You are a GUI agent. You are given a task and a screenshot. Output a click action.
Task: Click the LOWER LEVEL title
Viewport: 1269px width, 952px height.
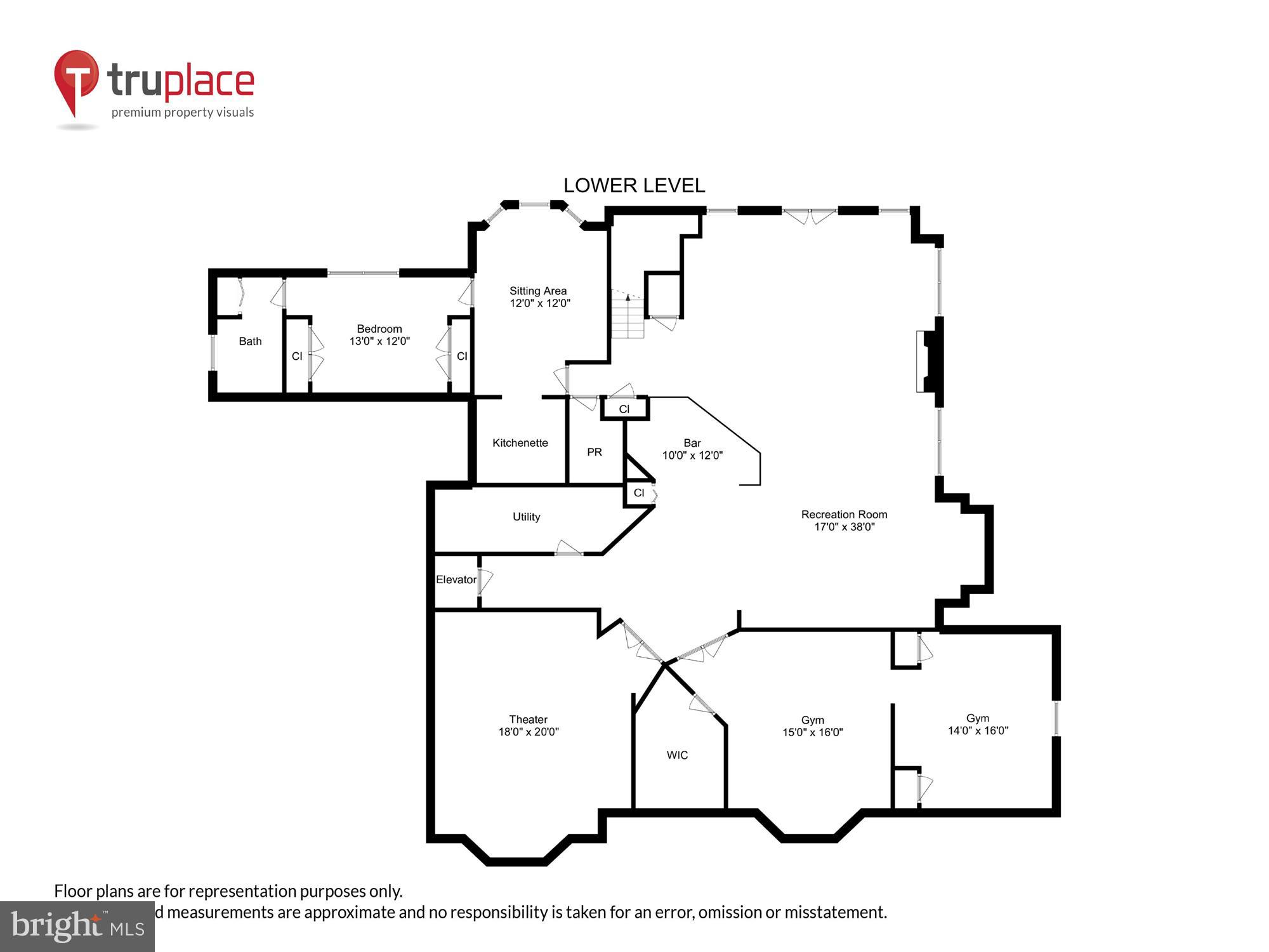coord(634,185)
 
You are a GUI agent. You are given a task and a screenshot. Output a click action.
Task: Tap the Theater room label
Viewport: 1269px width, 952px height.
coord(528,719)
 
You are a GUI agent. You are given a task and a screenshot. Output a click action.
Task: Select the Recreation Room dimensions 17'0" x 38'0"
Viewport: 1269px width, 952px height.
coord(844,527)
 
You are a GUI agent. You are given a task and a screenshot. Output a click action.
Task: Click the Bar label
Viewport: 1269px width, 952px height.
coord(692,443)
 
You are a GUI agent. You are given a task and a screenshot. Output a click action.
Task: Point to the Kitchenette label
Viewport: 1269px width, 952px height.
coord(520,443)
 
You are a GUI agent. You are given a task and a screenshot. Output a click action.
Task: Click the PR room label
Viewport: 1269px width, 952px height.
coord(594,452)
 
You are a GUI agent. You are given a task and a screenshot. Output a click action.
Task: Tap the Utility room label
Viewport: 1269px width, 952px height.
coord(526,517)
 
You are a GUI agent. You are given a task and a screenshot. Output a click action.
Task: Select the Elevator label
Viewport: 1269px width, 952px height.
coord(456,579)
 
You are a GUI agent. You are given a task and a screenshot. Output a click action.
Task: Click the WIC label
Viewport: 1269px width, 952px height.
coord(677,755)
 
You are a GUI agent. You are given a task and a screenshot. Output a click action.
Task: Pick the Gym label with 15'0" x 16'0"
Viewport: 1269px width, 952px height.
coord(812,720)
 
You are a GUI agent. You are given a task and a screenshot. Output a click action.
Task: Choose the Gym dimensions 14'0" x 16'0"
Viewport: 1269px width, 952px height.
coord(978,731)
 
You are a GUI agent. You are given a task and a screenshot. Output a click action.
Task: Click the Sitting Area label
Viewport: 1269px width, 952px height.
coord(538,291)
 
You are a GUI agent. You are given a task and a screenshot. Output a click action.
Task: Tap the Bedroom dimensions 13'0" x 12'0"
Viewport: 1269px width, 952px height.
coord(379,341)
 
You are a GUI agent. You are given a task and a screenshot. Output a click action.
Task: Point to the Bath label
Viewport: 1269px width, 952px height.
coord(250,341)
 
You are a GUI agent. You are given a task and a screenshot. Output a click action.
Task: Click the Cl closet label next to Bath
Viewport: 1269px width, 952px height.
coord(296,357)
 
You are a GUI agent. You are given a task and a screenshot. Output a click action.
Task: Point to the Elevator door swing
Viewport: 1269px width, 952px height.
coord(486,581)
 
